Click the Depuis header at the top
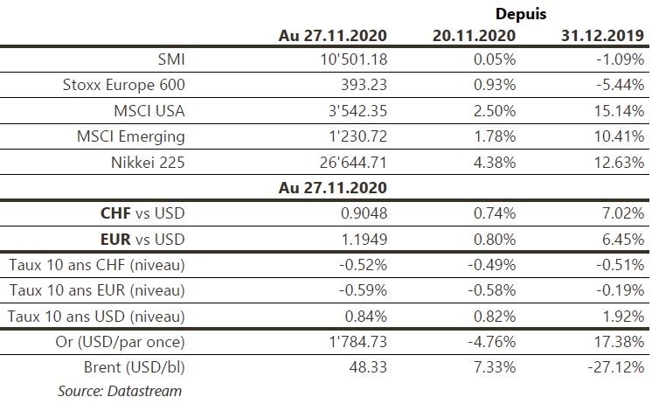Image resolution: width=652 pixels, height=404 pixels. pyautogui.click(x=521, y=14)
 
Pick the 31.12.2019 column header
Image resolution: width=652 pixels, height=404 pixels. pyautogui.click(x=602, y=35)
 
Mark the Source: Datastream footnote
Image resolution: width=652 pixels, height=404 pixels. pyautogui.click(x=120, y=390)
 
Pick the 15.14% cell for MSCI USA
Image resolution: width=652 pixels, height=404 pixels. pyautogui.click(x=620, y=110)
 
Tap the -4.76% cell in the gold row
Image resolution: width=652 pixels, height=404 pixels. pyautogui.click(x=490, y=340)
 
